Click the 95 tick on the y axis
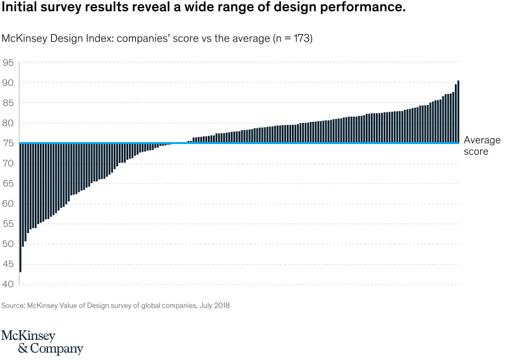pyautogui.click(x=8, y=63)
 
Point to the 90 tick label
pyautogui.click(x=8, y=83)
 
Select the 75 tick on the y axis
pyautogui.click(x=8, y=143)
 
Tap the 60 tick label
pyautogui.click(x=8, y=203)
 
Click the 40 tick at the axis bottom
pyautogui.click(x=8, y=284)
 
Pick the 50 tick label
pyautogui.click(x=8, y=244)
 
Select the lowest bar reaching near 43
pyautogui.click(x=21, y=208)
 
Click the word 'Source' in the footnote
pyautogui.click(x=13, y=306)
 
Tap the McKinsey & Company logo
pyautogui.click(x=42, y=342)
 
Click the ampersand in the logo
pyautogui.click(x=8, y=349)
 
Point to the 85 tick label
pyautogui.click(x=8, y=103)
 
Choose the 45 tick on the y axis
pyautogui.click(x=8, y=264)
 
